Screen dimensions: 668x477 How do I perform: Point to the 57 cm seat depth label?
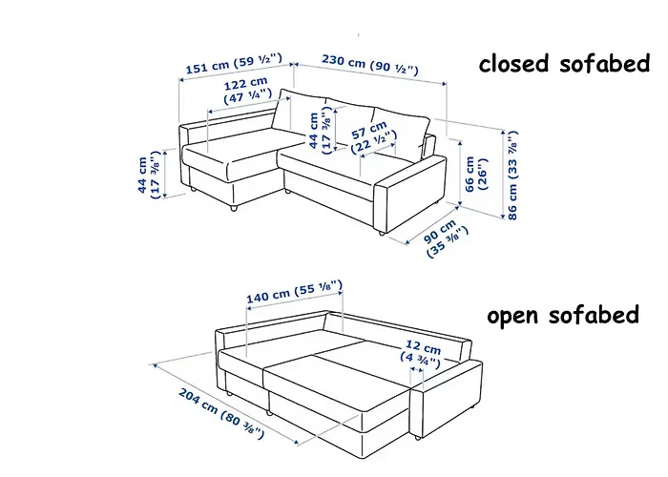click(373, 137)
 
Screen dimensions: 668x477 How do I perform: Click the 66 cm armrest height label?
click(476, 175)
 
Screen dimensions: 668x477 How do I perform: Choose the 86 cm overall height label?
click(512, 175)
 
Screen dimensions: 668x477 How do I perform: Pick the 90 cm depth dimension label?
click(446, 238)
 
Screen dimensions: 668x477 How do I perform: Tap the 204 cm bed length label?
click(221, 413)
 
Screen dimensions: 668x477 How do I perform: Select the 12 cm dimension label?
click(421, 355)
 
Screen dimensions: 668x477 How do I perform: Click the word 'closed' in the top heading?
click(513, 64)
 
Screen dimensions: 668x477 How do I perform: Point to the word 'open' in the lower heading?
click(514, 317)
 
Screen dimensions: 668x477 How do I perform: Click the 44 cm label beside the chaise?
click(149, 175)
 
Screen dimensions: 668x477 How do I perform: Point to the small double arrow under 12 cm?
click(416, 370)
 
